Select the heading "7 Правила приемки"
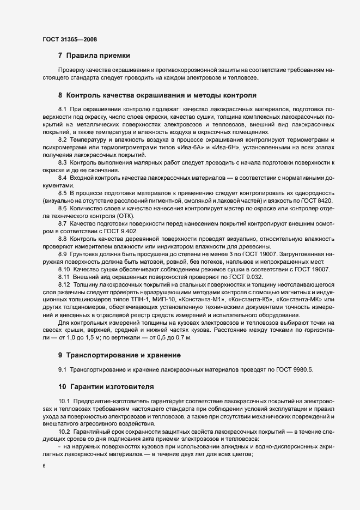(x=94, y=56)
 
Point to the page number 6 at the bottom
(x=44, y=467)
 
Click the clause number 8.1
(x=62, y=110)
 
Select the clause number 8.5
(x=62, y=193)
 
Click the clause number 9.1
(x=62, y=371)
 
